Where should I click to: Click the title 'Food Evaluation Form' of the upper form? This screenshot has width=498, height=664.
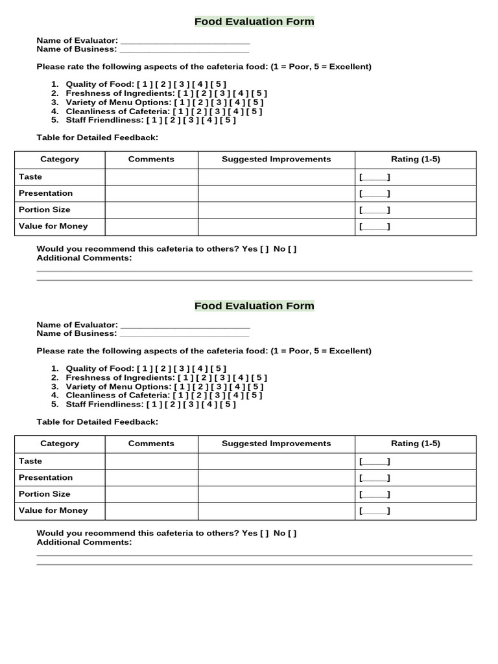coord(254,21)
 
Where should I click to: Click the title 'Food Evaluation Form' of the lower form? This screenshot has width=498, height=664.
coord(254,305)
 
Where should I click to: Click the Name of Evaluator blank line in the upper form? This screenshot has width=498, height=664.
coord(185,41)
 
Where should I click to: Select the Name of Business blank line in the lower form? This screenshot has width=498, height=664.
coord(184,334)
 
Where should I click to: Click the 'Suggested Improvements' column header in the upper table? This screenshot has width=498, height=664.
coord(276,160)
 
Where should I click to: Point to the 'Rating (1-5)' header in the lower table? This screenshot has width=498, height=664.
coord(415,444)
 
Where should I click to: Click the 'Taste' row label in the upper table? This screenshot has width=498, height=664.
coord(30,176)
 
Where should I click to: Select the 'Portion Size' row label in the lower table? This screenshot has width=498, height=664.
coord(45,494)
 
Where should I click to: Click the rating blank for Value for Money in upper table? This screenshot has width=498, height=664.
coord(374,226)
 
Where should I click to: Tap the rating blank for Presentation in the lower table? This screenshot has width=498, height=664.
coord(374,478)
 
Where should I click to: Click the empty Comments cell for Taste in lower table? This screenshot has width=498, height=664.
coord(151,461)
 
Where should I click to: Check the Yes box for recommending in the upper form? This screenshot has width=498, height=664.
coord(265,249)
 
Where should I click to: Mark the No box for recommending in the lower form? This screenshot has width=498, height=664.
coord(292,534)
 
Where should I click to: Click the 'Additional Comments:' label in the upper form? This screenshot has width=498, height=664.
coord(84,258)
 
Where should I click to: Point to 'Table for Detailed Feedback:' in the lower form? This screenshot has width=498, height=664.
coord(97,422)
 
